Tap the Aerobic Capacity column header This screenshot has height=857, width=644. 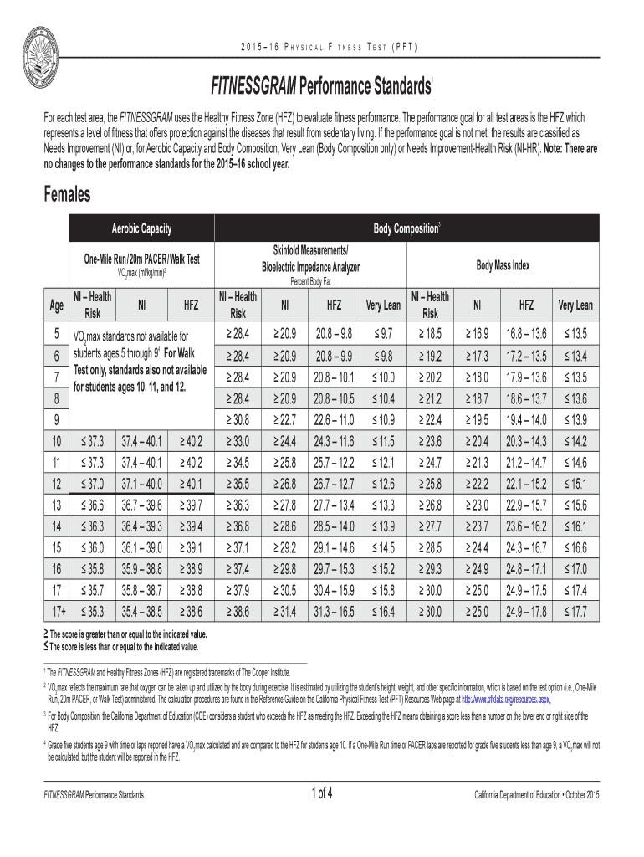(x=141, y=228)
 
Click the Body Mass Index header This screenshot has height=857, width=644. (x=503, y=265)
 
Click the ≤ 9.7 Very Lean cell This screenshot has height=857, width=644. (x=381, y=335)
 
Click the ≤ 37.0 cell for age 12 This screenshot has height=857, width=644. (x=94, y=483)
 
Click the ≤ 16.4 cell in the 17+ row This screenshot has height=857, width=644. (x=381, y=612)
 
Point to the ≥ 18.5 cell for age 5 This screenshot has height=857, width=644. (x=431, y=335)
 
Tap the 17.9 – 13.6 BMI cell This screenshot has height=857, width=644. (x=527, y=375)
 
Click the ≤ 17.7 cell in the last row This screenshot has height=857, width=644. (x=575, y=612)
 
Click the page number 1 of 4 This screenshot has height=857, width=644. (x=322, y=793)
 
